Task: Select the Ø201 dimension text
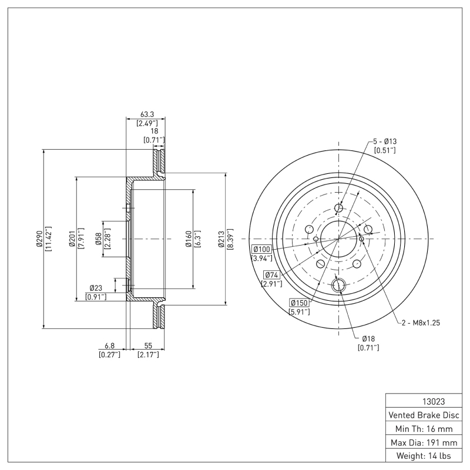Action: point(72,239)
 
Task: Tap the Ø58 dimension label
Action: point(98,239)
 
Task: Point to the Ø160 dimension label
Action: point(188,239)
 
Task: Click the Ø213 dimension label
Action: point(221,239)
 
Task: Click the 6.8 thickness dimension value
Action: point(109,347)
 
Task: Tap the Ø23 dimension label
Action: point(96,288)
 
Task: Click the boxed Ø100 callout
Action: point(262,249)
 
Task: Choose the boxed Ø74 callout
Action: point(271,275)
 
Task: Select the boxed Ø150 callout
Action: point(299,303)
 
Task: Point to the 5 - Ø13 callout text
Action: point(385,142)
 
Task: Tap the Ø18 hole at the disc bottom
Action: point(338,286)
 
